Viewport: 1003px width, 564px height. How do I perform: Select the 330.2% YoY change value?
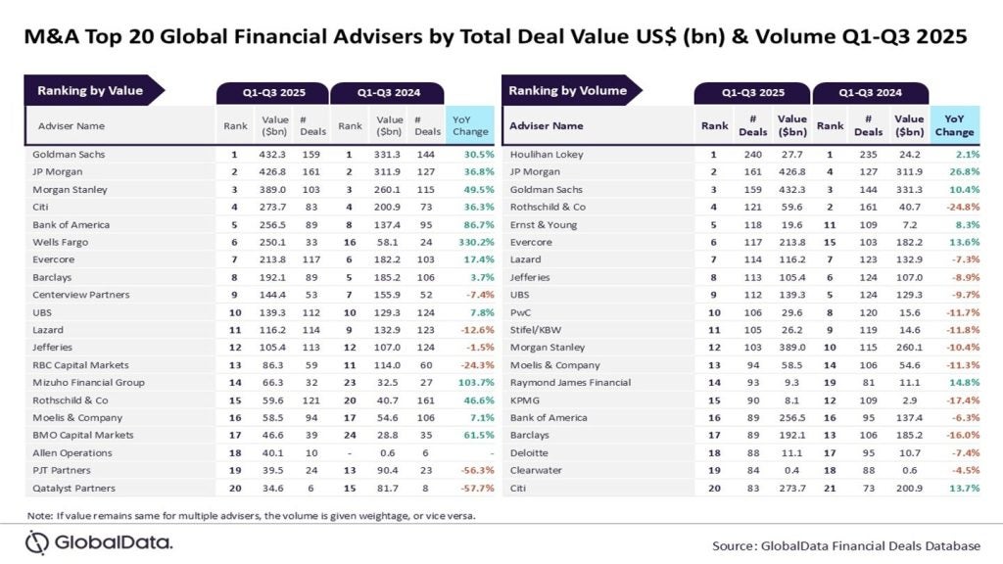click(x=470, y=241)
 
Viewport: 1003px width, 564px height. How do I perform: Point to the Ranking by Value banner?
click(x=90, y=91)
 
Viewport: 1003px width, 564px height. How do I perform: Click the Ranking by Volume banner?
click(x=567, y=91)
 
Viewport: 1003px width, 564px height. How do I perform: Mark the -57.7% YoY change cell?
click(x=470, y=488)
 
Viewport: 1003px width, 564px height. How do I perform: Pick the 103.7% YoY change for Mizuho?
click(x=470, y=382)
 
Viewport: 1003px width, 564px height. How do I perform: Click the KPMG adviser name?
click(x=524, y=399)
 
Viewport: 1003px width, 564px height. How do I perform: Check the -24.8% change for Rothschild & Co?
click(x=955, y=207)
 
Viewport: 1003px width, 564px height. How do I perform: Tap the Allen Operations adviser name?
click(x=72, y=452)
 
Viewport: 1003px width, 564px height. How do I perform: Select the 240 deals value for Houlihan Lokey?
click(x=752, y=155)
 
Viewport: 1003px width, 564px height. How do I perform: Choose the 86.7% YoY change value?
click(x=470, y=224)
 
